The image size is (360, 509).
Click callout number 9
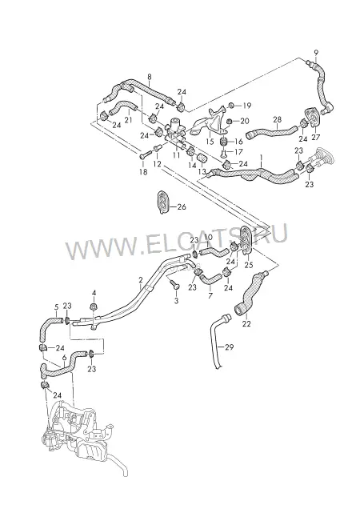click(x=316, y=52)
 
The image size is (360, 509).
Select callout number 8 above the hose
click(x=150, y=77)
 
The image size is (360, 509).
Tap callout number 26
click(x=182, y=206)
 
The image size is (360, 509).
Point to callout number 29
click(x=229, y=347)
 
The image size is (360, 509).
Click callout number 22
click(x=246, y=323)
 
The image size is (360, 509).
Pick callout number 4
click(x=94, y=293)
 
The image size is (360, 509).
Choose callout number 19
click(x=246, y=106)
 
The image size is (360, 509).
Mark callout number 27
click(x=316, y=137)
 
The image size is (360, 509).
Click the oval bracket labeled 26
click(x=162, y=203)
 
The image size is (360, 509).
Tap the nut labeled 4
click(x=94, y=306)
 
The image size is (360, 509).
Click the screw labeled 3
click(x=174, y=287)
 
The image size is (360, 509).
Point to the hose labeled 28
click(x=271, y=132)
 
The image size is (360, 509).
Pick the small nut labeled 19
click(x=231, y=105)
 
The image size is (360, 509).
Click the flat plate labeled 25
click(x=248, y=240)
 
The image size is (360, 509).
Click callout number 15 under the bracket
click(x=210, y=142)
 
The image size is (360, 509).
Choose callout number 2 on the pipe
click(x=141, y=280)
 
